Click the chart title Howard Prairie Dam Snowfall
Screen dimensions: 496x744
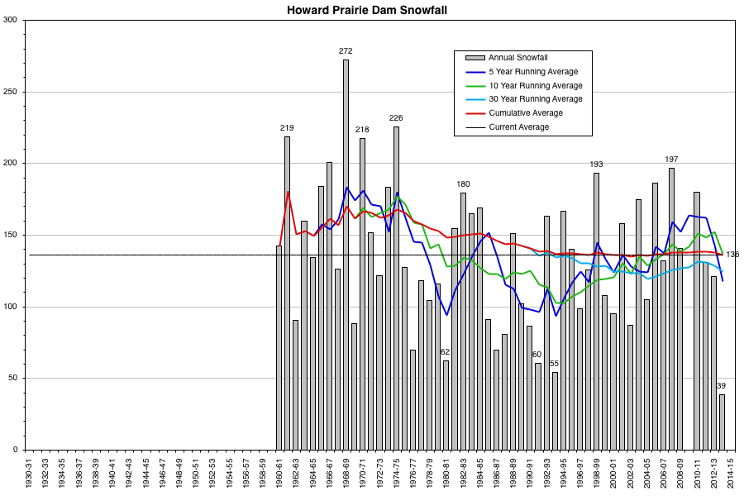[x=371, y=11]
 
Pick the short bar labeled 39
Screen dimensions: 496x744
[x=722, y=422]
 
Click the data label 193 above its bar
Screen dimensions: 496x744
[x=596, y=165]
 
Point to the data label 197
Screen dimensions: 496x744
[x=671, y=159]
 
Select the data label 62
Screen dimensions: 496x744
[x=446, y=352]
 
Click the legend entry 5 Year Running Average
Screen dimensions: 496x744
[x=533, y=72]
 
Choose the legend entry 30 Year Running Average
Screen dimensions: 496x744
[x=535, y=99]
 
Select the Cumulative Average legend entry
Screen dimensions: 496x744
[x=526, y=113]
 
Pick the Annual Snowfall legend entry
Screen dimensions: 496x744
[x=518, y=58]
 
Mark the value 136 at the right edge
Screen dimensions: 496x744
[x=732, y=255]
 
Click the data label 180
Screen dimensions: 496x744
[x=463, y=184]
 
